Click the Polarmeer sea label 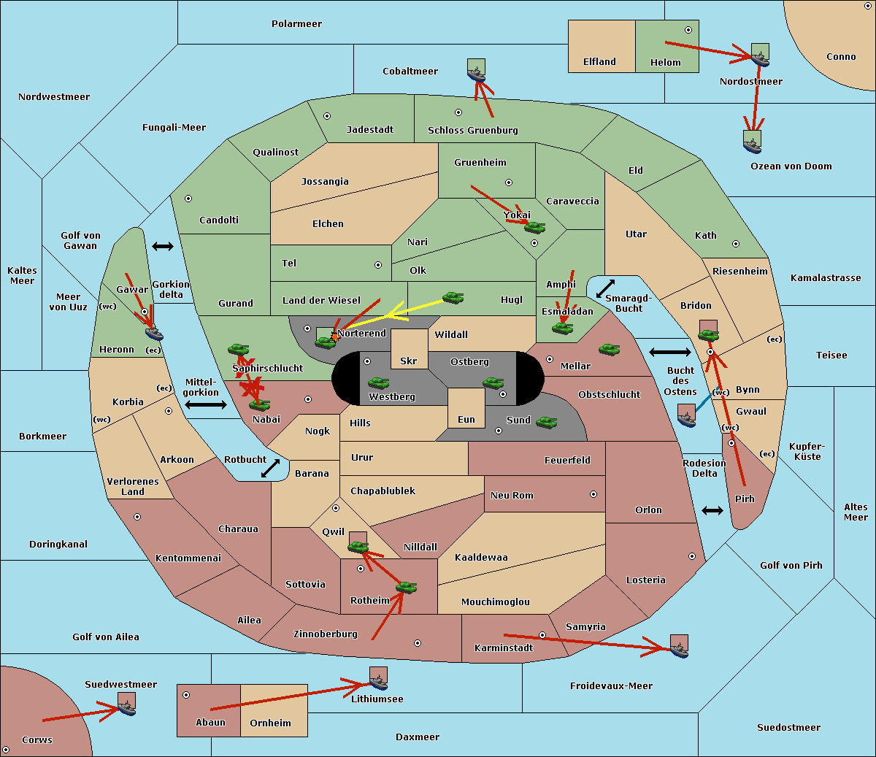pos(296,24)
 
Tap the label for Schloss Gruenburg pos(473,130)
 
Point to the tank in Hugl pos(453,298)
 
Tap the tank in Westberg pos(378,383)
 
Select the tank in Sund pos(546,422)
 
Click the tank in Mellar pos(610,349)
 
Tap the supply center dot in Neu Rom pos(593,494)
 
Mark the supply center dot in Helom pos(688,30)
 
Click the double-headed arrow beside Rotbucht pos(270,469)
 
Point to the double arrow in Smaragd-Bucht pos(605,288)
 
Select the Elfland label pos(599,62)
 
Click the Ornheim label pos(270,723)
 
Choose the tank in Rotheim pos(407,587)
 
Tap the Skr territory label pos(409,361)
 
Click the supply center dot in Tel pos(378,265)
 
